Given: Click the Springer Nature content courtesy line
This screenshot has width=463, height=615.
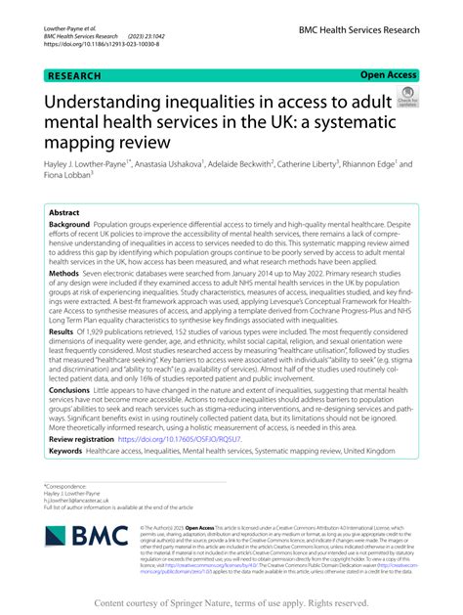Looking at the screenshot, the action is [x=231, y=603].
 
